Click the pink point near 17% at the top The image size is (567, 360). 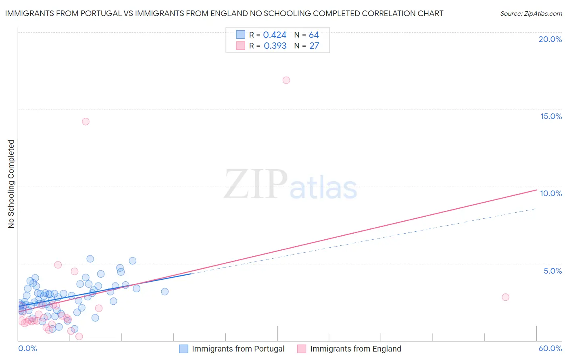pyautogui.click(x=286, y=80)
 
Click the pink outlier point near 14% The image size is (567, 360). pyautogui.click(x=85, y=121)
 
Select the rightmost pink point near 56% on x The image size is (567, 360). pyautogui.click(x=505, y=297)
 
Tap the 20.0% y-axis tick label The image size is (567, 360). pyautogui.click(x=550, y=39)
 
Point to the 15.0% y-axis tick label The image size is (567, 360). pyautogui.click(x=551, y=116)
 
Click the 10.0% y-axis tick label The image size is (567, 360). pyautogui.click(x=551, y=193)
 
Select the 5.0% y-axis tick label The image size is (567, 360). pyautogui.click(x=552, y=271)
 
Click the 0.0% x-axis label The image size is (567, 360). pyautogui.click(x=27, y=349)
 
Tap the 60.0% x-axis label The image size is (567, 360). pyautogui.click(x=550, y=349)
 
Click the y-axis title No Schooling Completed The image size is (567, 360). pyautogui.click(x=11, y=184)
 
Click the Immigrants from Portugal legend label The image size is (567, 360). pyautogui.click(x=238, y=349)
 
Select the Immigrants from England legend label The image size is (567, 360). pyautogui.click(x=355, y=349)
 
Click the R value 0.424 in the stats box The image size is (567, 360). pyautogui.click(x=275, y=35)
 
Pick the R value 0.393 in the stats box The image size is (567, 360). pyautogui.click(x=275, y=46)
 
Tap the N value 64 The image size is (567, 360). pyautogui.click(x=314, y=35)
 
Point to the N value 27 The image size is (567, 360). pyautogui.click(x=314, y=46)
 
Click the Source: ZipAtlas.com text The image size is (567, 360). pyautogui.click(x=531, y=14)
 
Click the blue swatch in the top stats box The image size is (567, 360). pyautogui.click(x=240, y=35)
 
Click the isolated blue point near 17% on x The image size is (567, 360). pyautogui.click(x=165, y=291)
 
